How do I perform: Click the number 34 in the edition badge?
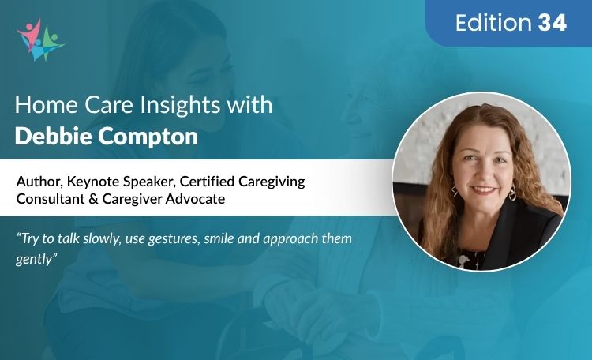pyautogui.click(x=553, y=24)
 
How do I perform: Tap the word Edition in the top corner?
pyautogui.click(x=494, y=24)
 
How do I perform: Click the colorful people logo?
pyautogui.click(x=39, y=39)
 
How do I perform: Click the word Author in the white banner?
pyautogui.click(x=37, y=182)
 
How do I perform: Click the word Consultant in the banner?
pyautogui.click(x=51, y=199)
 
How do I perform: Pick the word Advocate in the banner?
pyautogui.click(x=196, y=199)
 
